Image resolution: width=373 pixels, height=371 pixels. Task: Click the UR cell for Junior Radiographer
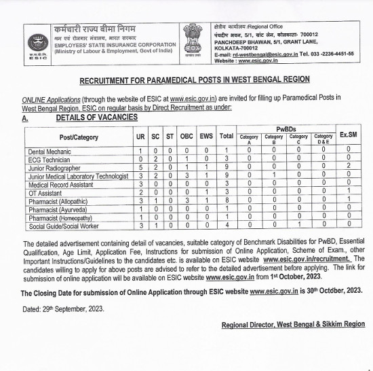point(140,167)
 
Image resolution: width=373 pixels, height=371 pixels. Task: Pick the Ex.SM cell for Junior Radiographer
point(349,167)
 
